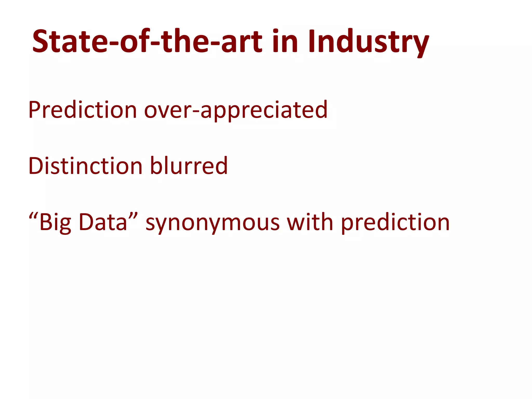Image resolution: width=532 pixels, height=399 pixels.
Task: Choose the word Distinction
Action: [x=85, y=166]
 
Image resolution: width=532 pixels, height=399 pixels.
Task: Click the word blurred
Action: [x=189, y=166]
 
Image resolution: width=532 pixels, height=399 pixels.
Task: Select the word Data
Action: [x=103, y=222]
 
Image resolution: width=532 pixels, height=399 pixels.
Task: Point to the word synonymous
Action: [x=212, y=223]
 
